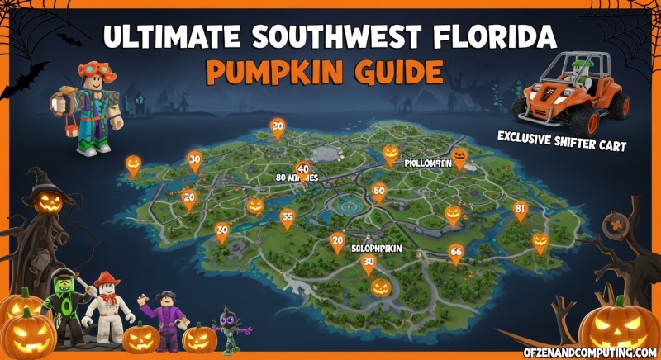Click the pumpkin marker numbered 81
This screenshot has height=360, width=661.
coord(520,210)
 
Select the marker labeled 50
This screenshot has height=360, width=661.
coord(379,192)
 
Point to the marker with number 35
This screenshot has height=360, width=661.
coord(288,218)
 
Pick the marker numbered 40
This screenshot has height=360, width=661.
coord(303,169)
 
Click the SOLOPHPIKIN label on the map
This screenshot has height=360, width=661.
coord(376,247)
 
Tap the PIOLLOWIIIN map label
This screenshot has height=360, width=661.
coord(427,163)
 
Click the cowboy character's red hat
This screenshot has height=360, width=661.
coord(107,280)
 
